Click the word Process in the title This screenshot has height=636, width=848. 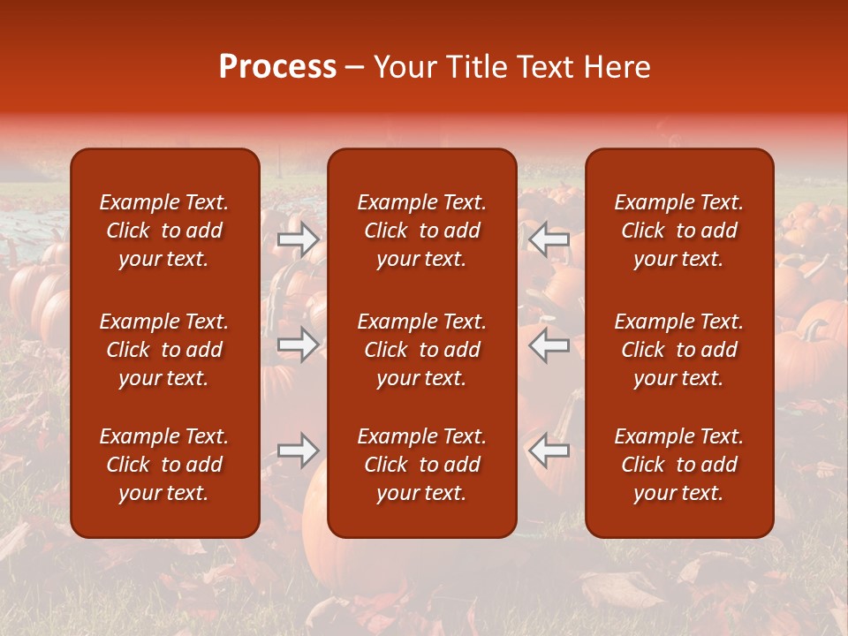tap(277, 67)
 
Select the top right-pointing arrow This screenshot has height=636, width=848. tap(299, 238)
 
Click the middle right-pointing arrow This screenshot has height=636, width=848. tap(299, 344)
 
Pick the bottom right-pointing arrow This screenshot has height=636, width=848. tap(299, 450)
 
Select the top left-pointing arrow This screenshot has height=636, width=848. tap(549, 238)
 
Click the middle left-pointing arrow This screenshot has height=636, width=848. tap(549, 344)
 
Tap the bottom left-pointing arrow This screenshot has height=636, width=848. tap(549, 450)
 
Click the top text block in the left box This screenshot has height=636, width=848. tap(164, 231)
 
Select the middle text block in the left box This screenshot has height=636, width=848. tap(164, 350)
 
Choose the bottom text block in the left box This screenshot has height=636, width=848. tap(164, 465)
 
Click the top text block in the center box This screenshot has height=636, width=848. tap(421, 231)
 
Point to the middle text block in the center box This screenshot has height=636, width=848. tap(421, 350)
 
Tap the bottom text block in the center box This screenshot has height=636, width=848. tap(421, 465)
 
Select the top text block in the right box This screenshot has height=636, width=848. tap(678, 231)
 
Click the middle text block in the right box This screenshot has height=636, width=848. tap(678, 350)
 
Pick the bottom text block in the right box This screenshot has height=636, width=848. tap(678, 465)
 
